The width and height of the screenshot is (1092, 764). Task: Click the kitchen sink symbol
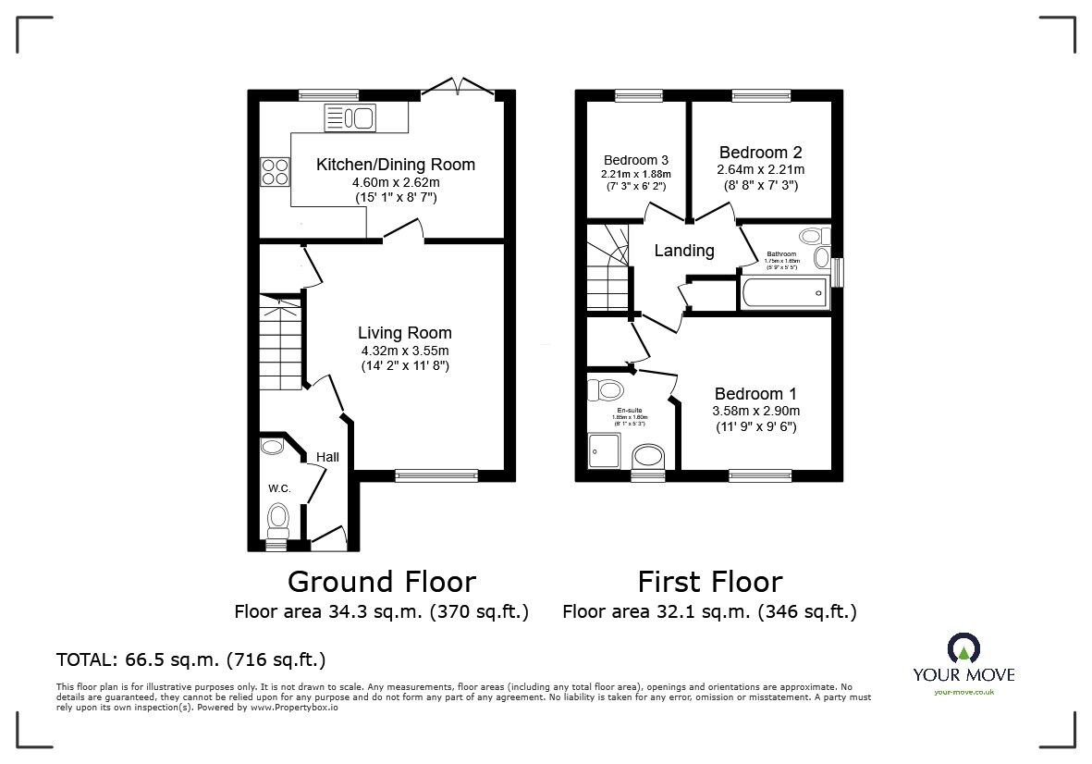pyautogui.click(x=349, y=117)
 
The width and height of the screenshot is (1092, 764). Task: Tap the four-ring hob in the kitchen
pyautogui.click(x=275, y=172)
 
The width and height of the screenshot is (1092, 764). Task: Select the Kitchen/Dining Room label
pyautogui.click(x=396, y=165)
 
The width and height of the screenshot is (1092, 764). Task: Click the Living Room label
pyautogui.click(x=406, y=333)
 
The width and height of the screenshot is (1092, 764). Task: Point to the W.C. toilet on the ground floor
pyautogui.click(x=276, y=519)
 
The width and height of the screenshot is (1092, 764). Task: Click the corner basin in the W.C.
pyautogui.click(x=273, y=448)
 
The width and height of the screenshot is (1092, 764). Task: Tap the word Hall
pyautogui.click(x=327, y=457)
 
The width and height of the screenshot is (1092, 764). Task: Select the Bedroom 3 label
pyautogui.click(x=636, y=159)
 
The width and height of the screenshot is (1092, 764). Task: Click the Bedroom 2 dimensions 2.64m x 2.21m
pyautogui.click(x=760, y=170)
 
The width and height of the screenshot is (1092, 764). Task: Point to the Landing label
pyautogui.click(x=684, y=251)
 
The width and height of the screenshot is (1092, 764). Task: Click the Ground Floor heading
pyautogui.click(x=381, y=582)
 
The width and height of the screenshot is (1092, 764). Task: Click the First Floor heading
pyautogui.click(x=709, y=582)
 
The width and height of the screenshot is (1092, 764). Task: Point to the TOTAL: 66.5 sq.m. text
pyautogui.click(x=190, y=659)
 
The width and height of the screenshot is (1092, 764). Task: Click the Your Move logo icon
pyautogui.click(x=963, y=649)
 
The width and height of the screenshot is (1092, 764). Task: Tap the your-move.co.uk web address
pyautogui.click(x=963, y=692)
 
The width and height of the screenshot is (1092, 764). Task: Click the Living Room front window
pyautogui.click(x=436, y=475)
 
